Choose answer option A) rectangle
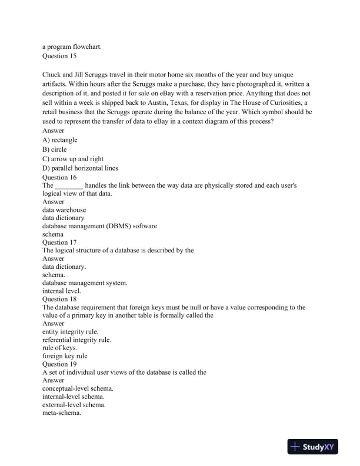[60, 140]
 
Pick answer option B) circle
[55, 149]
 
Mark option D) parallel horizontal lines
[80, 168]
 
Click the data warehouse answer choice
[64, 209]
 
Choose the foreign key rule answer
[65, 356]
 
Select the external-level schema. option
[74, 405]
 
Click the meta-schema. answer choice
[62, 413]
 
